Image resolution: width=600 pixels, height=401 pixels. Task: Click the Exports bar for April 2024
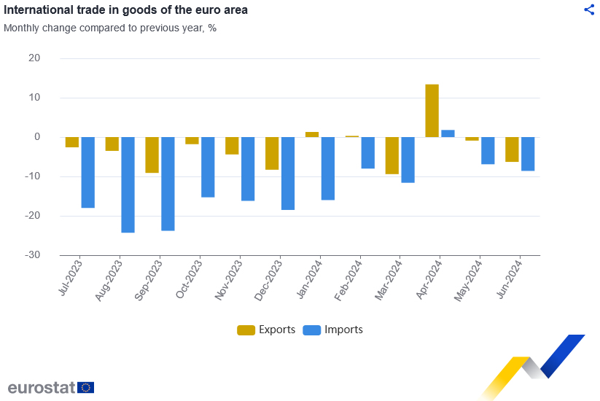click(432, 111)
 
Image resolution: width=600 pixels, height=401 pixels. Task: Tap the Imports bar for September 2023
click(168, 184)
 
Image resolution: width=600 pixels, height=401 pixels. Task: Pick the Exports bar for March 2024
click(392, 155)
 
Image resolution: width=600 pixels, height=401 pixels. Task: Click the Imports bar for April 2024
click(448, 133)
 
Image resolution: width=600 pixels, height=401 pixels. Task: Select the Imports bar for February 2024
click(367, 152)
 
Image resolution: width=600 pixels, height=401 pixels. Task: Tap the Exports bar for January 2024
click(312, 134)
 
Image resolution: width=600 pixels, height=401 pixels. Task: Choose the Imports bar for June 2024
click(528, 154)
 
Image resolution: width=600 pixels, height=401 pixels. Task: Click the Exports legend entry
click(267, 330)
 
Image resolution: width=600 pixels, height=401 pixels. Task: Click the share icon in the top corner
click(589, 9)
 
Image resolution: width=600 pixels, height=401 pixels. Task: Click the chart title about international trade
click(125, 10)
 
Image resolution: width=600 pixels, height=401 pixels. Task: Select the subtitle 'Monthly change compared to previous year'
click(110, 28)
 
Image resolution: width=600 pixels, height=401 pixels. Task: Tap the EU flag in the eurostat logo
click(85, 387)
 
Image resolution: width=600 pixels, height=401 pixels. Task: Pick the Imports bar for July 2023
click(87, 172)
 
